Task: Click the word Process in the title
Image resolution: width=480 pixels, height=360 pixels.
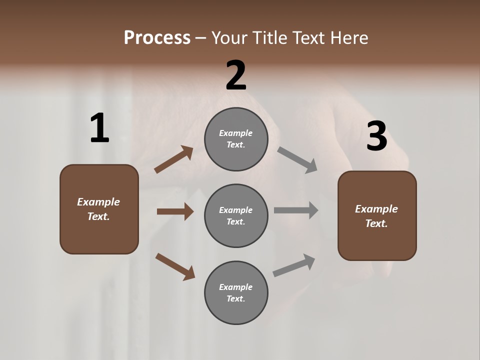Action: tap(157, 38)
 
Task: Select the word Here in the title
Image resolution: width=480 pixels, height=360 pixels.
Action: tap(348, 38)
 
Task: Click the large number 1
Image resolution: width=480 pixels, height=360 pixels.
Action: tap(99, 128)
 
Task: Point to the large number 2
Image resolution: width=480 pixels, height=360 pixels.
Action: tap(236, 75)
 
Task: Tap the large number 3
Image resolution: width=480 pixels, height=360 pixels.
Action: tap(376, 136)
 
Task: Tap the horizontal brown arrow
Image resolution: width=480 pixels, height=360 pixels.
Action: tap(175, 211)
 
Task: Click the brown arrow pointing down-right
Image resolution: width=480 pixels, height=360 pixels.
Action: tap(175, 266)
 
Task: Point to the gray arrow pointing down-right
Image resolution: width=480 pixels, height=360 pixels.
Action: tap(297, 160)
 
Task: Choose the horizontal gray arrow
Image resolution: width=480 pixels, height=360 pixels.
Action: tap(296, 210)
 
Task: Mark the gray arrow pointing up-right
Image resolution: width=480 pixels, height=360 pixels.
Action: tap(294, 265)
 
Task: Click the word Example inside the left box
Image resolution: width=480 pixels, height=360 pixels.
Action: tap(98, 202)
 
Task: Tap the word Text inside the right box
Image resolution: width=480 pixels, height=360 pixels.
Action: tap(376, 223)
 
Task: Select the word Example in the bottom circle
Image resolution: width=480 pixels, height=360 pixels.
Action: tap(236, 287)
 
